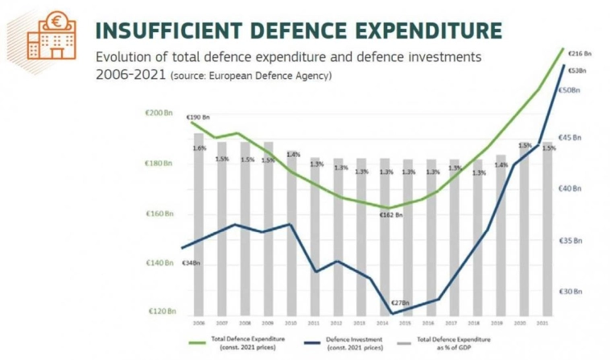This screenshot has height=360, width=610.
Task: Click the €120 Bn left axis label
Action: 161,311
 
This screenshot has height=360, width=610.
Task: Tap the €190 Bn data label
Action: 198,118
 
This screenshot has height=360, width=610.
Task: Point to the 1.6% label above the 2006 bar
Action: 200,148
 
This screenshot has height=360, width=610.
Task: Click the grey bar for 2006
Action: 199,234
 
